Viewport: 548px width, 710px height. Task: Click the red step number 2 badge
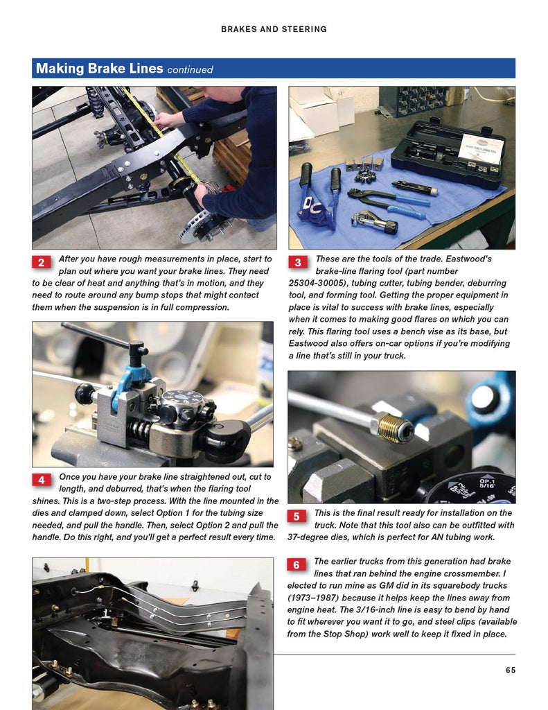tap(41, 262)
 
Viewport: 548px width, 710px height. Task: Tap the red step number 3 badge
tap(298, 262)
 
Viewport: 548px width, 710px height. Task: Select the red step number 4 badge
tap(42, 480)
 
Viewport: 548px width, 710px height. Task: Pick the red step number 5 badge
tap(297, 516)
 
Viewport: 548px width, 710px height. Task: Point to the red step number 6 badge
tap(297, 564)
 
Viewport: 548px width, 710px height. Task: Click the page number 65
tap(511, 670)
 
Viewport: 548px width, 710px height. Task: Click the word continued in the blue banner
tap(190, 70)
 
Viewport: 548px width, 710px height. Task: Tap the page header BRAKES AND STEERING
tap(274, 29)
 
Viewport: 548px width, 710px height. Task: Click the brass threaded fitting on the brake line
tap(392, 427)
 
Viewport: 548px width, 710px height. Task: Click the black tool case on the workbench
tap(448, 154)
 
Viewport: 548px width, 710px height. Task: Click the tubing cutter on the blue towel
tap(374, 223)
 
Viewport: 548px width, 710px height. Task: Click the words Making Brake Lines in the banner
tap(100, 69)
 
